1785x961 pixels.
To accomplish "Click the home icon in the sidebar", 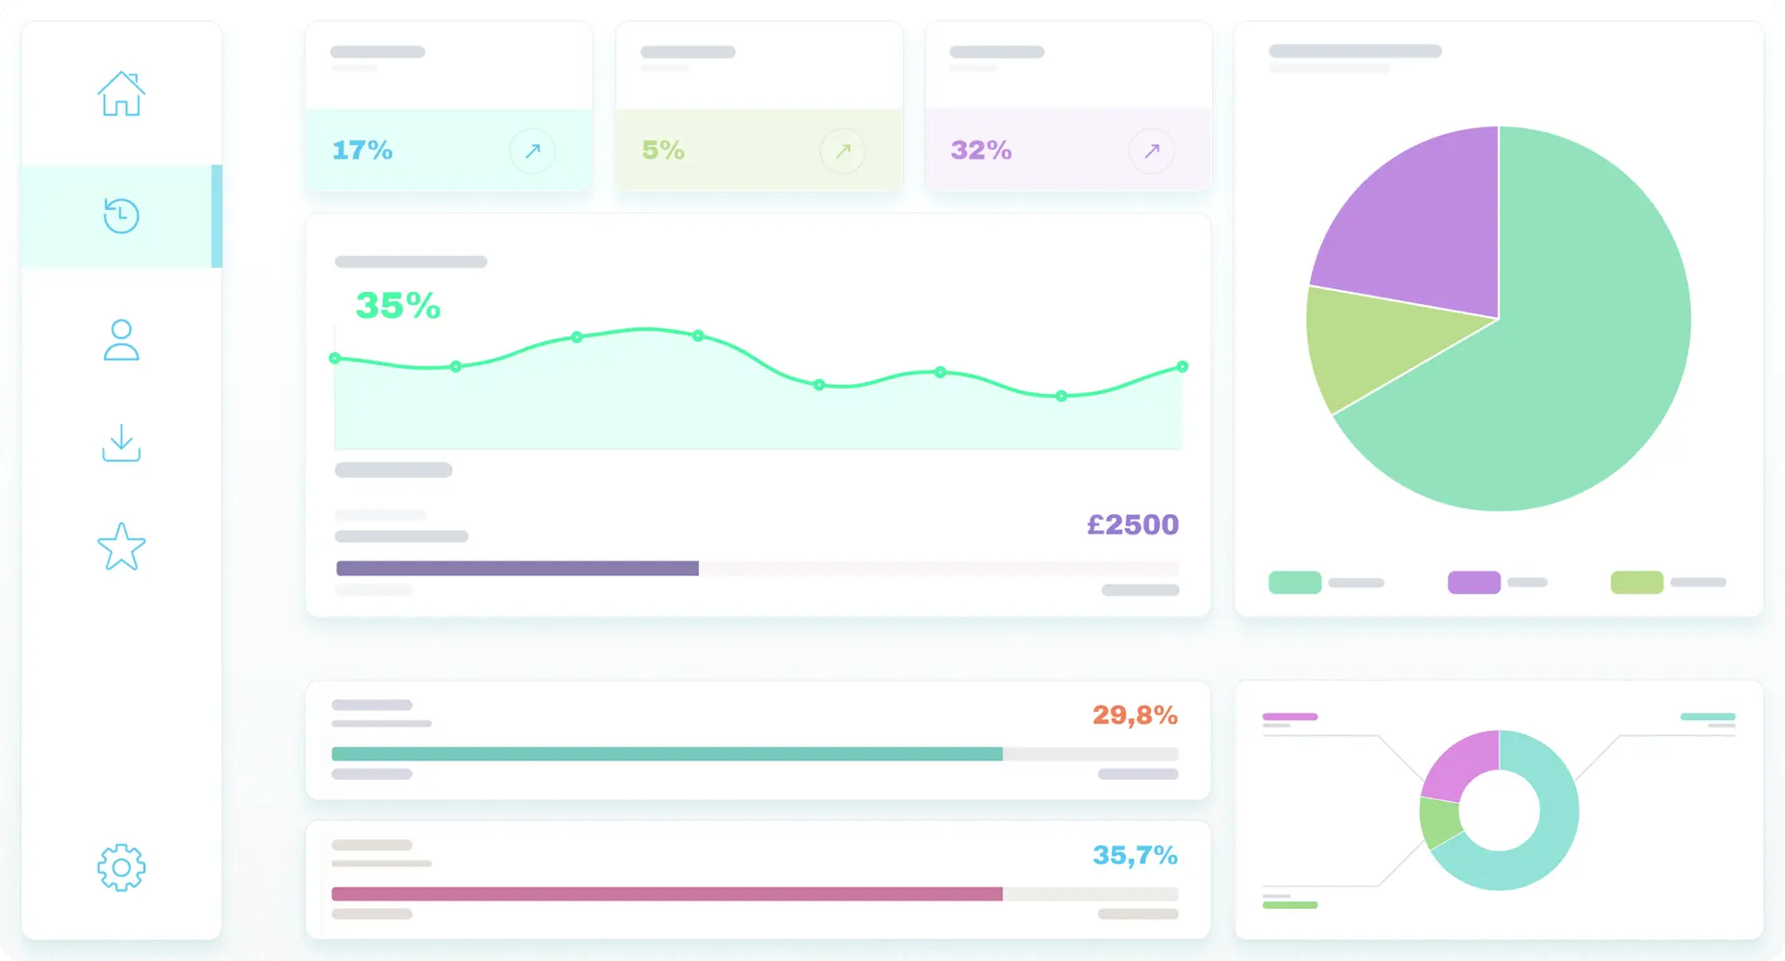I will click(121, 94).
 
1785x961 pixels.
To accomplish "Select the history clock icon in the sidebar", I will click(121, 216).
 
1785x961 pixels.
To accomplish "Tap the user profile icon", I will click(121, 340).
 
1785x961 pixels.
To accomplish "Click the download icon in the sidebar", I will click(121, 443).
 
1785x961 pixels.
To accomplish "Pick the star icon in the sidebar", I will click(121, 546).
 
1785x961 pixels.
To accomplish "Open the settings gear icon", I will click(121, 868).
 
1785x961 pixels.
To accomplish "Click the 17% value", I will click(363, 150).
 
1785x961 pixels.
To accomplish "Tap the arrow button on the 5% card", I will click(842, 151).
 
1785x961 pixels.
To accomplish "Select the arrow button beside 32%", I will click(1151, 151).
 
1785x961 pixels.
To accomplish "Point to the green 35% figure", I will click(398, 306).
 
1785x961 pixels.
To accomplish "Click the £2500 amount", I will click(1132, 525).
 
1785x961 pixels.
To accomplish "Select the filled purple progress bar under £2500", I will click(517, 568).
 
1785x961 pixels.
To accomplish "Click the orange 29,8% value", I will click(1134, 715).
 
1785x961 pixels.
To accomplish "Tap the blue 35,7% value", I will click(1134, 855).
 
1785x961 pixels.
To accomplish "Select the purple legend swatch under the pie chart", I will click(1474, 583).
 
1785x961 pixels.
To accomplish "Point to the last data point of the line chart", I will click(1182, 367).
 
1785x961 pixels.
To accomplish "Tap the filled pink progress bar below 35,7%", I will click(667, 894).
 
